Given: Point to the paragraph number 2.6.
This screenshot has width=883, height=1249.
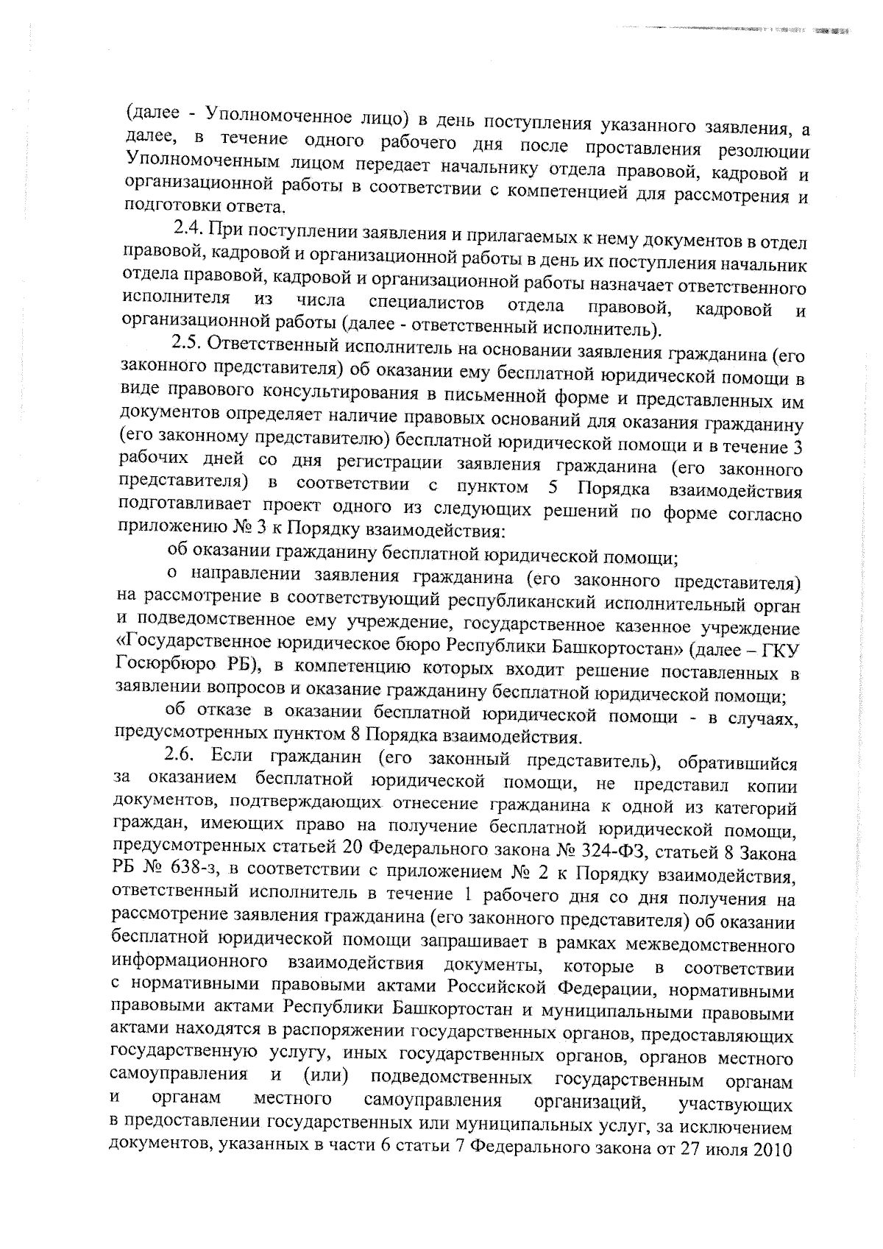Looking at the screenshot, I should coord(182,755).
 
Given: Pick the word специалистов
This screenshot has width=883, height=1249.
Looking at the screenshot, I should coord(425,305).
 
